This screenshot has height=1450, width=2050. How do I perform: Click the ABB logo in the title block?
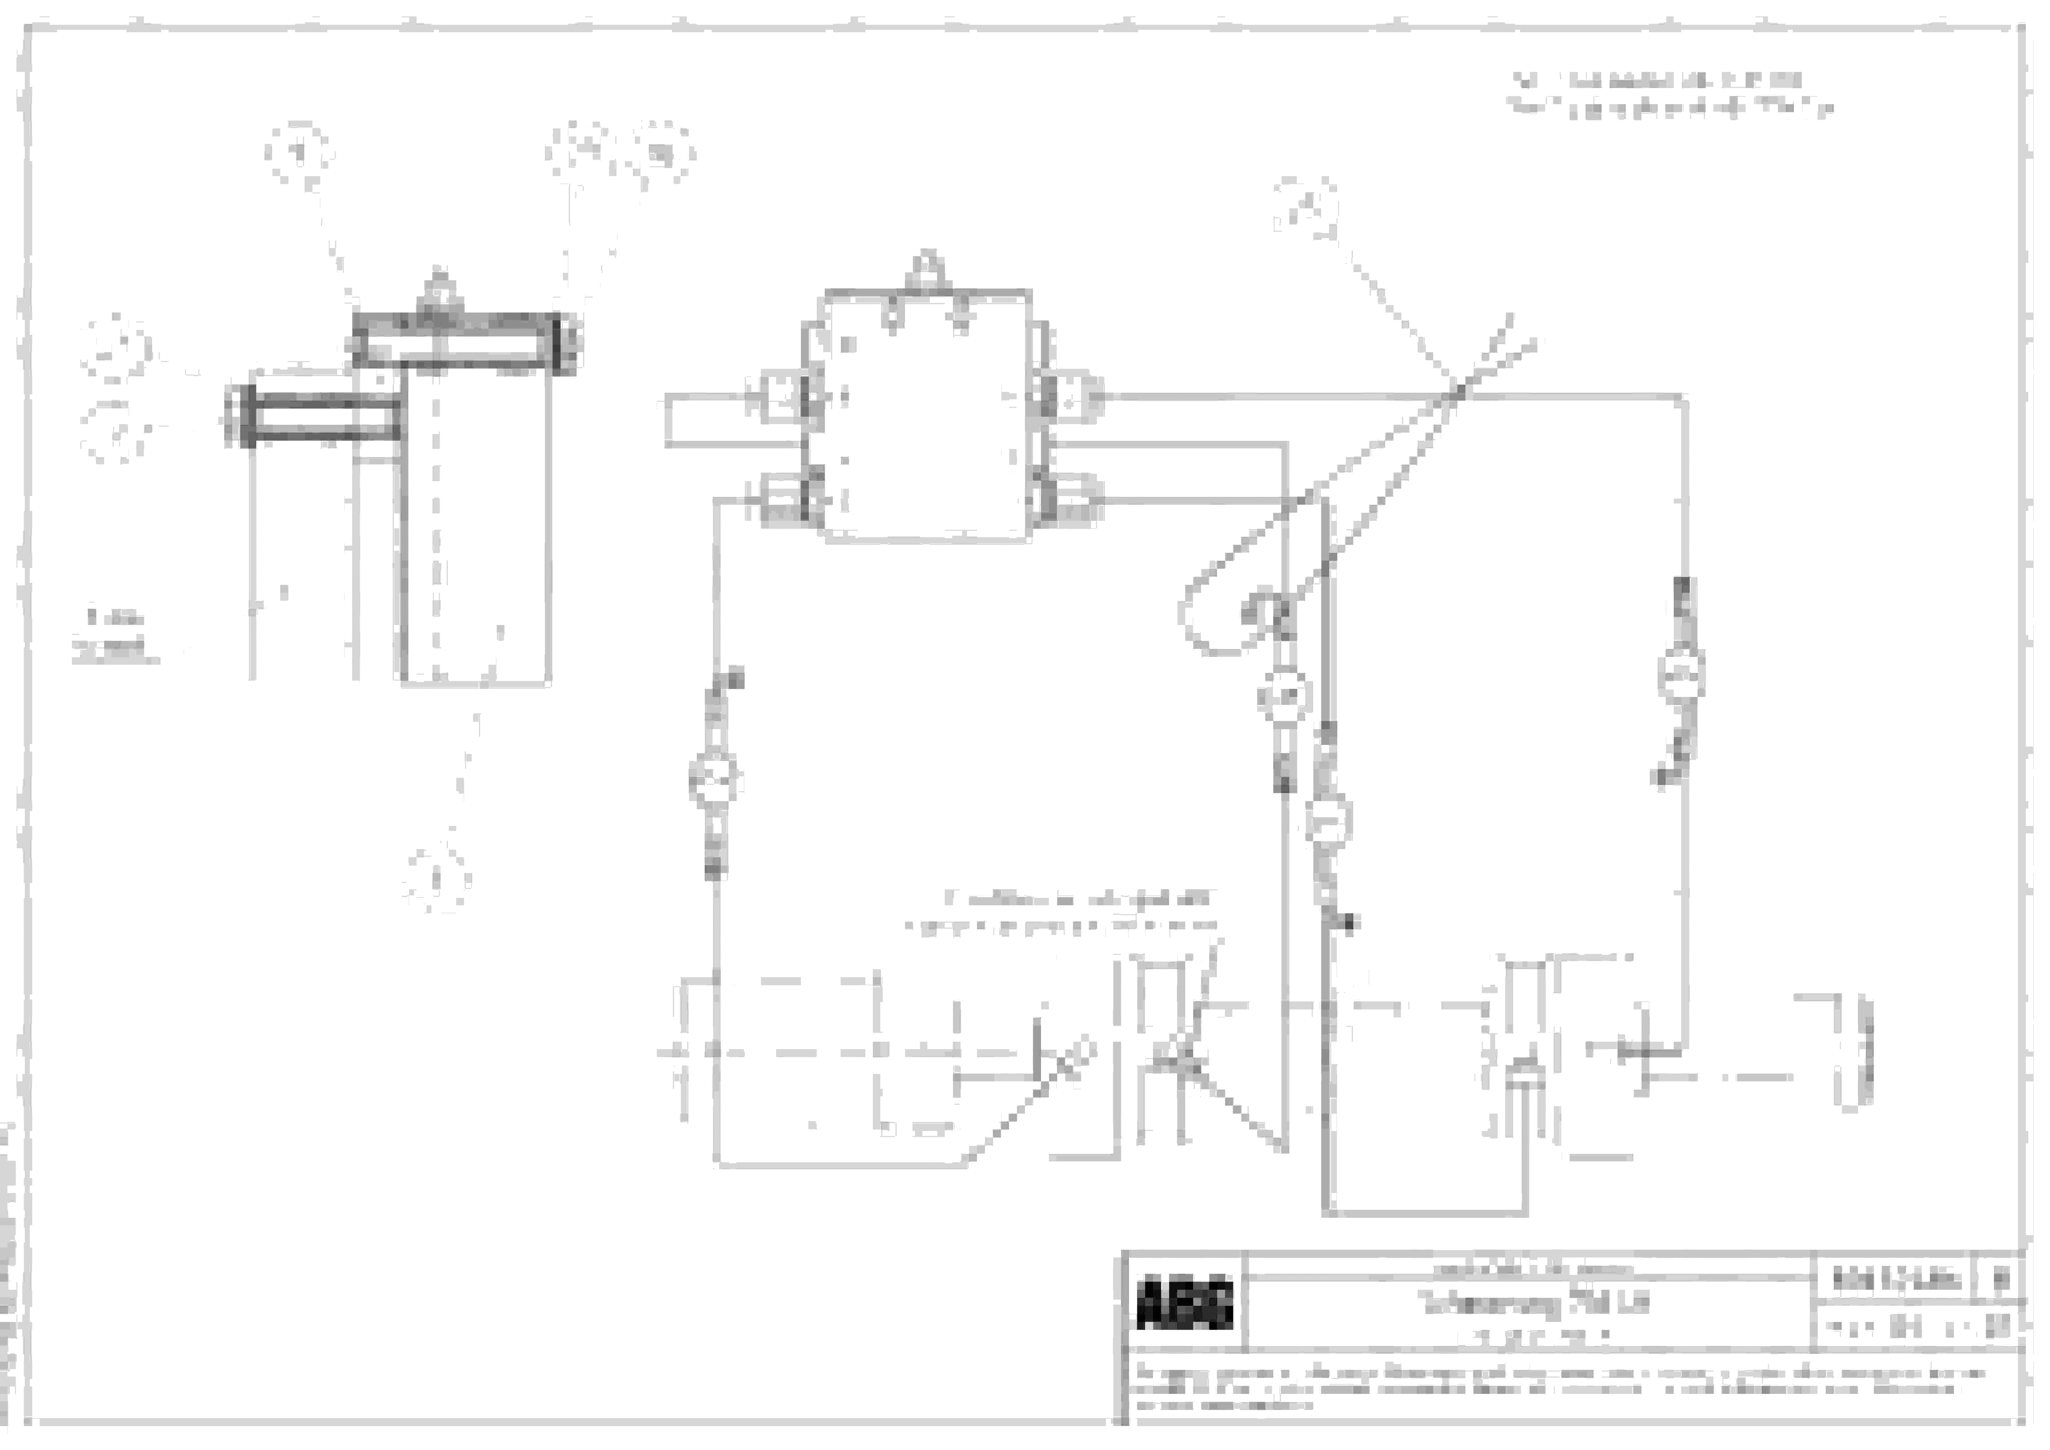coord(1185,1305)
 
